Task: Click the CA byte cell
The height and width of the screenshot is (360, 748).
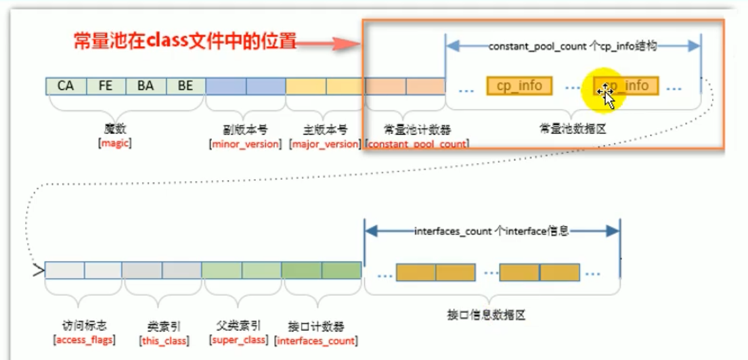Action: pyautogui.click(x=66, y=86)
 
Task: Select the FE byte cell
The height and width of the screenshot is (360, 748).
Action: pyautogui.click(x=106, y=86)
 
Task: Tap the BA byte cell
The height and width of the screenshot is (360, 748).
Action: pyautogui.click(x=146, y=86)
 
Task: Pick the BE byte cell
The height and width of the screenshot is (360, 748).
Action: pyautogui.click(x=185, y=86)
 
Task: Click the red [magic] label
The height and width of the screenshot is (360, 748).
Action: pyautogui.click(x=114, y=143)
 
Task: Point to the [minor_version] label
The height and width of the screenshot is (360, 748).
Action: pyautogui.click(x=245, y=144)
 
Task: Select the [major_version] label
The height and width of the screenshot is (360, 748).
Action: pyautogui.click(x=324, y=144)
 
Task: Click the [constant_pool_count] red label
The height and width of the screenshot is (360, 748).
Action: pyautogui.click(x=417, y=144)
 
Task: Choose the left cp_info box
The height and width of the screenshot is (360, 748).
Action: pyautogui.click(x=519, y=86)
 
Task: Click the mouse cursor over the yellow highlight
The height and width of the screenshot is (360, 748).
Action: pyautogui.click(x=607, y=95)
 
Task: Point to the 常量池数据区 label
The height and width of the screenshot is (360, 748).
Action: pyautogui.click(x=573, y=129)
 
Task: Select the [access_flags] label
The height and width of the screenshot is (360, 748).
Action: pyautogui.click(x=83, y=339)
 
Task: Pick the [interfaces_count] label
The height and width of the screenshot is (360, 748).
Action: pyautogui.click(x=316, y=339)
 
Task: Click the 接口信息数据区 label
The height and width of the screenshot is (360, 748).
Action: pyautogui.click(x=487, y=315)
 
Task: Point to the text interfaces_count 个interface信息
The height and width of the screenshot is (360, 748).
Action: pyautogui.click(x=492, y=231)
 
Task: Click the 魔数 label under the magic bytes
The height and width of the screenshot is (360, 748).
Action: pyautogui.click(x=114, y=129)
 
